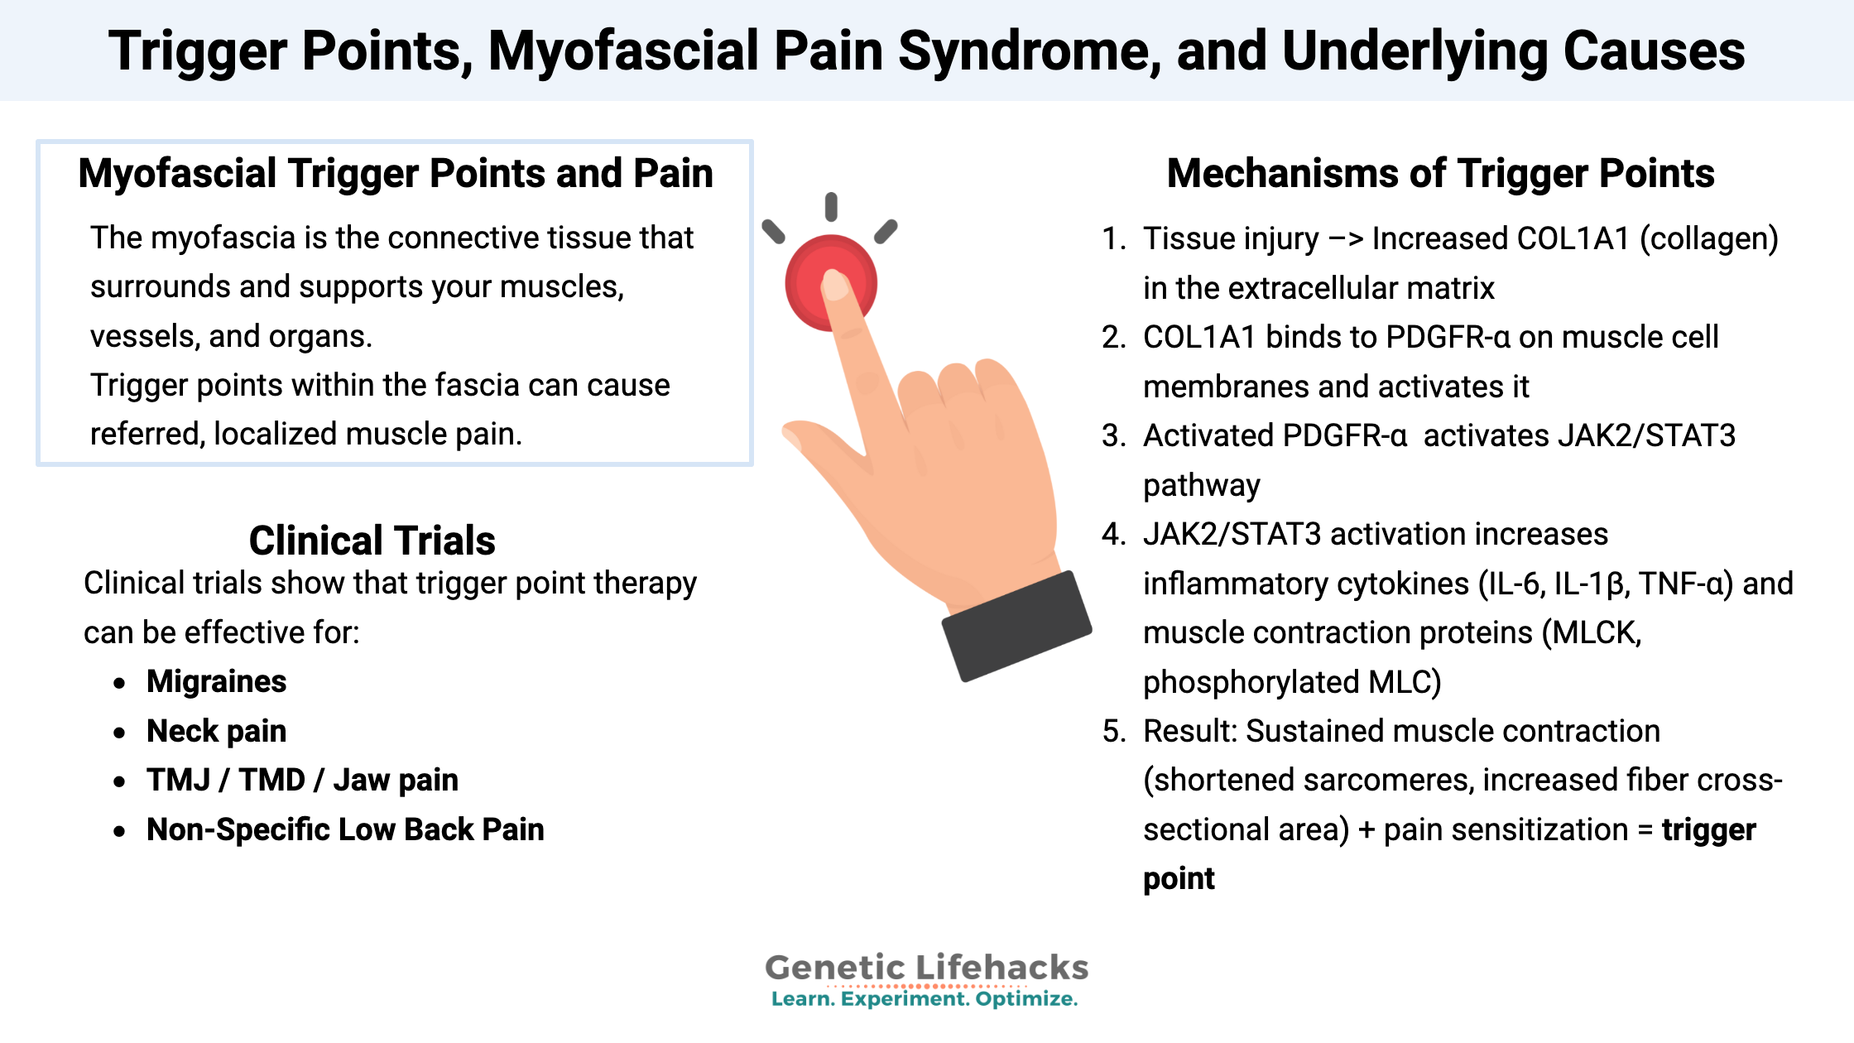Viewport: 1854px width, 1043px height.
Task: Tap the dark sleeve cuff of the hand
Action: click(1016, 625)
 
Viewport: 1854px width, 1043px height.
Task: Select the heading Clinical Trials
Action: click(372, 541)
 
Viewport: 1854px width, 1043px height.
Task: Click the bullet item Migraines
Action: click(216, 681)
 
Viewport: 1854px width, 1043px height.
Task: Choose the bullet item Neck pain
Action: click(216, 731)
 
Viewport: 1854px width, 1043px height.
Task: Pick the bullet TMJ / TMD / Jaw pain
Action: click(302, 780)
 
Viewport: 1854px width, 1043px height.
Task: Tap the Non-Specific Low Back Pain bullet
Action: click(345, 829)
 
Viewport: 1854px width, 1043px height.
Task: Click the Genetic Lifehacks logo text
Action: click(926, 967)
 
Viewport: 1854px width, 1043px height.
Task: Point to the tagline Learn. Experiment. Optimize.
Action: click(925, 999)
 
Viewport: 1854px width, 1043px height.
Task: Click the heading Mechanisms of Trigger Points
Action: click(1440, 174)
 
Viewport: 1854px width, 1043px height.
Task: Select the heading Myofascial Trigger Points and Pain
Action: click(396, 174)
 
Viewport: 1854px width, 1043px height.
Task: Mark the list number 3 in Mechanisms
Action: click(1113, 436)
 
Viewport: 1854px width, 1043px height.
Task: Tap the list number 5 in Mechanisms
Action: click(1113, 732)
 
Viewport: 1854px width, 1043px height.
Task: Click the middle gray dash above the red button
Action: click(831, 207)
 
